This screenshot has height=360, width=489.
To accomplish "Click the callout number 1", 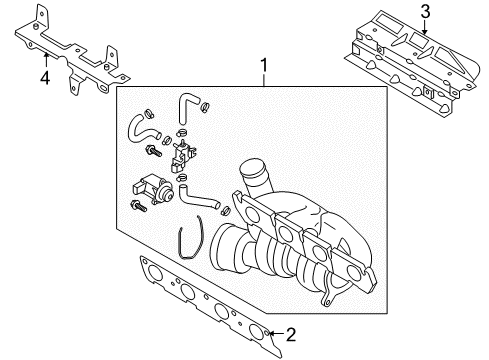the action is click(264, 65).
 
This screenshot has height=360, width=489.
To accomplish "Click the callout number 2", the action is click(291, 334).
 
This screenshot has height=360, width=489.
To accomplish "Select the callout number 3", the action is click(425, 12).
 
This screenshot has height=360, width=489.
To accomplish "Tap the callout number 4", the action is click(45, 78).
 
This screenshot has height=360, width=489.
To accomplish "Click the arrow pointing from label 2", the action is click(277, 333).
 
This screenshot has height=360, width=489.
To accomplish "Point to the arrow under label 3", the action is click(425, 27).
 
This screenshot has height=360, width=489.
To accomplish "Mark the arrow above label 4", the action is click(46, 61).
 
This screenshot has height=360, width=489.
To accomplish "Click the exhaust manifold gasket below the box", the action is click(211, 305).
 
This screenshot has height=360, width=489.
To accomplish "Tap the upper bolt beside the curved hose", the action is click(153, 151).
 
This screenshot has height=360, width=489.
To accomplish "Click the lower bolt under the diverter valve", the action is click(139, 206).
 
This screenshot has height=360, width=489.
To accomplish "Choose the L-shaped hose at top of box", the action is click(187, 107).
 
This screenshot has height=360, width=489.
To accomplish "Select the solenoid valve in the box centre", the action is click(182, 155).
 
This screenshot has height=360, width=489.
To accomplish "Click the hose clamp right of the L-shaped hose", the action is click(205, 107).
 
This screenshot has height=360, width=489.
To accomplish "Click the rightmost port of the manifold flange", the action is click(354, 273).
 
